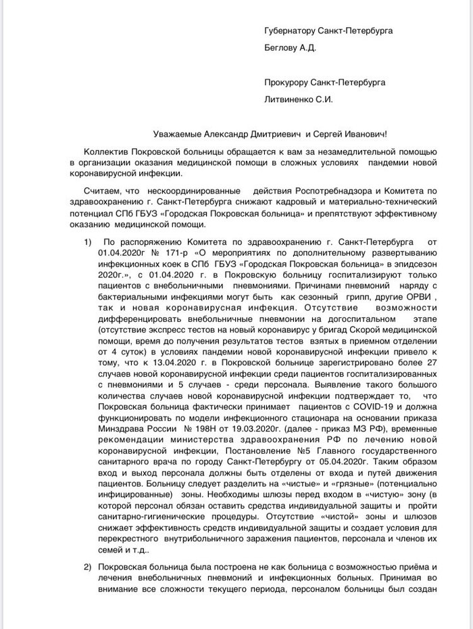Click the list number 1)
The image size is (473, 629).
[x=88, y=242]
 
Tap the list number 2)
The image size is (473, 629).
[x=88, y=566]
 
